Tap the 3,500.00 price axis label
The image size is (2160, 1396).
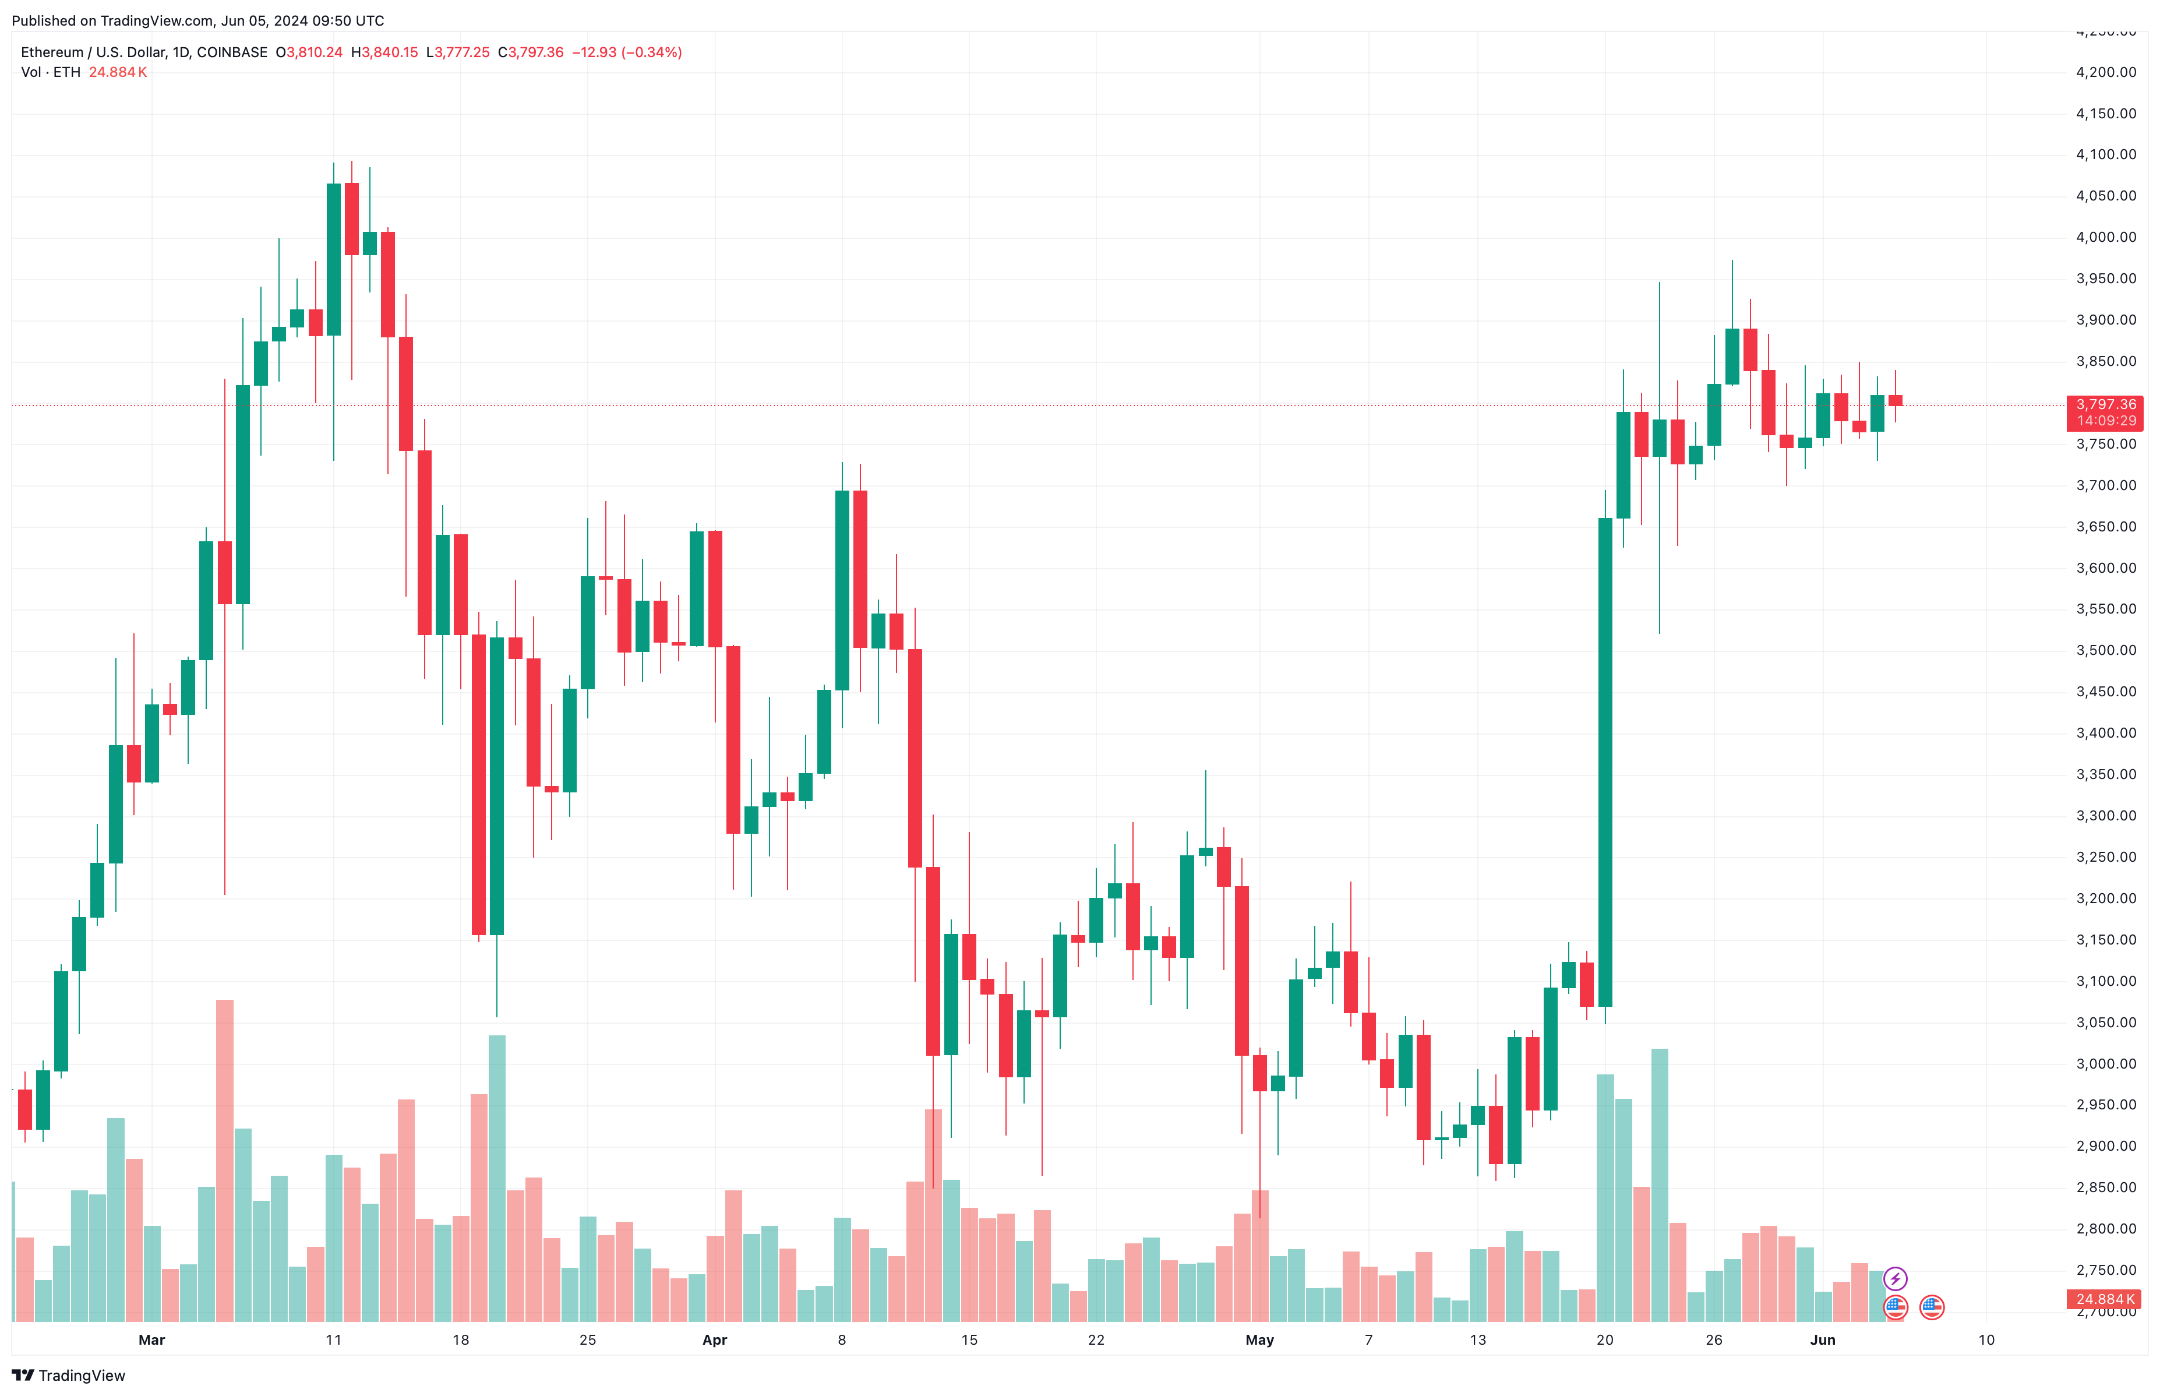coord(2105,651)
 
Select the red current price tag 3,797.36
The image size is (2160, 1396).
coord(2105,405)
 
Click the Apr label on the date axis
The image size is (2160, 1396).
coord(715,1341)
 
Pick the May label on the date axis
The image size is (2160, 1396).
coord(1259,1341)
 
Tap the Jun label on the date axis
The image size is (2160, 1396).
coord(1822,1341)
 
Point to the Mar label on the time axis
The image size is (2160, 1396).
coord(151,1341)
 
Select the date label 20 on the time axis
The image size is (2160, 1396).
coord(1605,1341)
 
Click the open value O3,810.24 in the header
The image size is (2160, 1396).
coord(309,52)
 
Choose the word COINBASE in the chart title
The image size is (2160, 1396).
coord(232,52)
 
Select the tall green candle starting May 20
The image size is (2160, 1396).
coord(1605,762)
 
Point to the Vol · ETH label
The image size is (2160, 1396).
coord(51,72)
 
